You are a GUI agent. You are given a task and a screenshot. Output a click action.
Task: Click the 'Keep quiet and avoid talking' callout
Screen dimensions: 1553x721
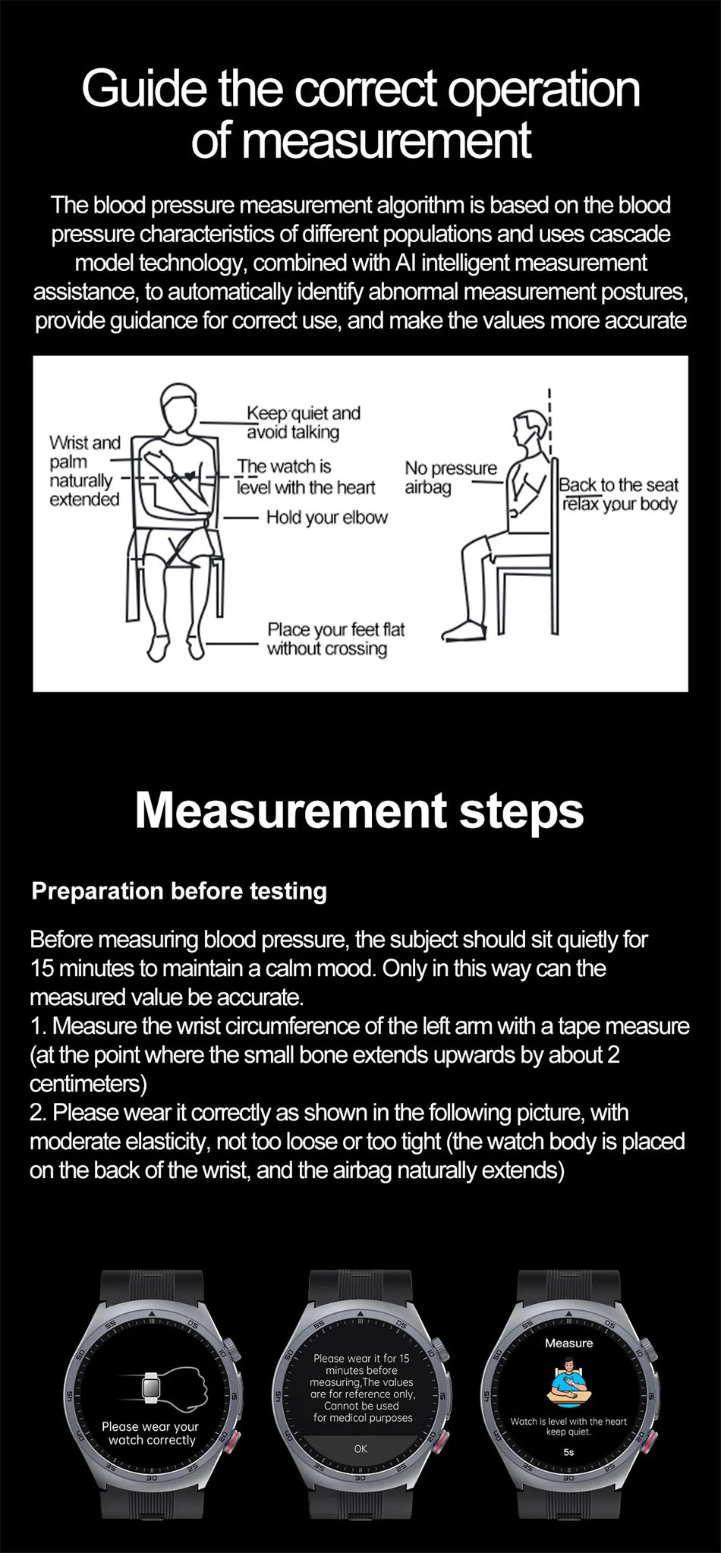pos(303,422)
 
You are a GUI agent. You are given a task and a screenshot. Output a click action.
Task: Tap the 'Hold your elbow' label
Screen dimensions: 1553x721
pos(326,518)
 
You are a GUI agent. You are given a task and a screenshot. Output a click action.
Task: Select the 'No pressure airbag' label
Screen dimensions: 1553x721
pos(450,477)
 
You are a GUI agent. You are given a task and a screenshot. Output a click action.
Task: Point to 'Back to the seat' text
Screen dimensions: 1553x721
pos(619,485)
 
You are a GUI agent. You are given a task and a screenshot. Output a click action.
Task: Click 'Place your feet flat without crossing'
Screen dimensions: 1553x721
pos(335,639)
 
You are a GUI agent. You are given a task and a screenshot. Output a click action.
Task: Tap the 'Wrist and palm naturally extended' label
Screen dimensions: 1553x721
pos(84,471)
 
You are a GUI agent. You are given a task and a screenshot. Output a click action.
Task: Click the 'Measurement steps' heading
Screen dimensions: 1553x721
pos(360,811)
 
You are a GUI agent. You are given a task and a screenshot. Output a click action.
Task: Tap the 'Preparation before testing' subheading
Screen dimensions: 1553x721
pos(179,890)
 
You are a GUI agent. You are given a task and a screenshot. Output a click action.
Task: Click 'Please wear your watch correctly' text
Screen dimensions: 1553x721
pos(152,1433)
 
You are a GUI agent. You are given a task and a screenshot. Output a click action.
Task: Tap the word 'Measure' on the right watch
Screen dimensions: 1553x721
pos(568,1343)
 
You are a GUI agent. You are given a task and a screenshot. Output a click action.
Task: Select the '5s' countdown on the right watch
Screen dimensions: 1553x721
pos(568,1451)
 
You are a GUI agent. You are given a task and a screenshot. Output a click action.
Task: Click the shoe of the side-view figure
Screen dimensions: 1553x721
pos(462,631)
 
